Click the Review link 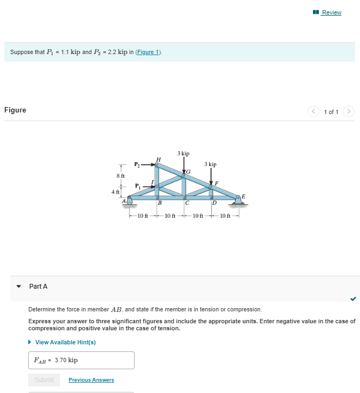331,12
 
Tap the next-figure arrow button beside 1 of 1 349,112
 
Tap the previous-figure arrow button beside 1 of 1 314,112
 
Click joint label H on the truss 158,158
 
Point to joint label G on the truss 188,171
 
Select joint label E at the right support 243,195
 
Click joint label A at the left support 124,201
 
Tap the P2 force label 138,164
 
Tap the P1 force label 138,186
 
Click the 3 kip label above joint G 183,154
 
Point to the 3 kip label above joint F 210,164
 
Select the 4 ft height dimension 115,192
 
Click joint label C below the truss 185,203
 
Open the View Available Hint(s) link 65,342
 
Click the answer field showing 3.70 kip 81,360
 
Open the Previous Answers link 91,380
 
